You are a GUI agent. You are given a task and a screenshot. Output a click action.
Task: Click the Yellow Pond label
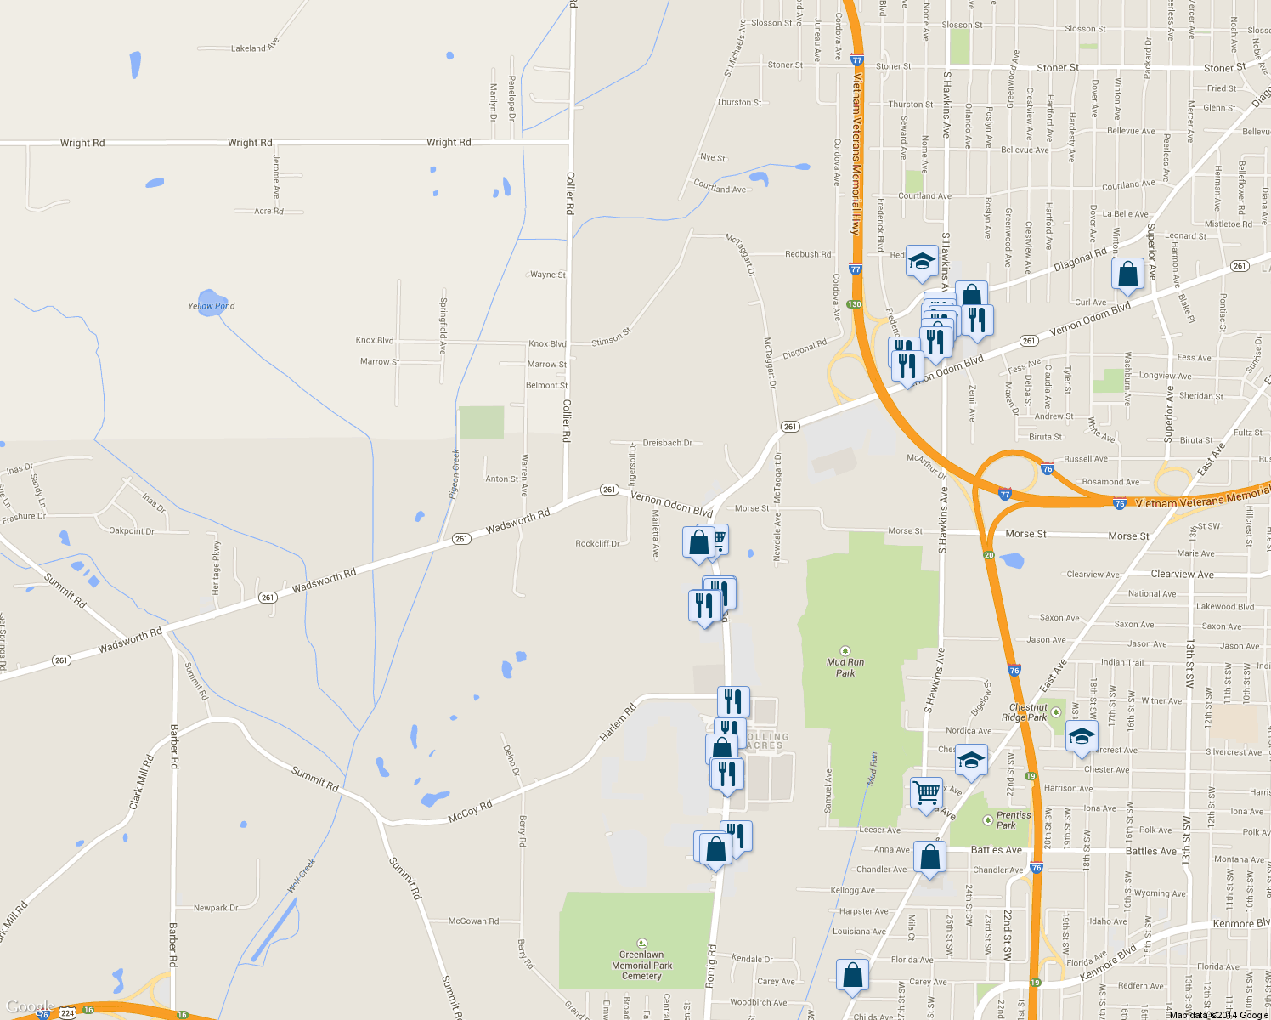212,306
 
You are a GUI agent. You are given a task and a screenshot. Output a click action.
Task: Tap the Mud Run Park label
845,667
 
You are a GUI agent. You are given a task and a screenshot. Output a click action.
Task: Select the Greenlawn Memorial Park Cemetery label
641,965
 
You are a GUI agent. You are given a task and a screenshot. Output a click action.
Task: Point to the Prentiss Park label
1013,819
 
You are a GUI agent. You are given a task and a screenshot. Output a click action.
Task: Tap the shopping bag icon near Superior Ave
1127,274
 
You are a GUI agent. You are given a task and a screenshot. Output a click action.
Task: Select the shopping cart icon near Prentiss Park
926,792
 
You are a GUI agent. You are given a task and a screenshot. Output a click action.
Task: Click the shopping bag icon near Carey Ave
852,975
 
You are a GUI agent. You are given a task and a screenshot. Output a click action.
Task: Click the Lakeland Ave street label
255,47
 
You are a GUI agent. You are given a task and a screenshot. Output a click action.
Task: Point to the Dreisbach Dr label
668,443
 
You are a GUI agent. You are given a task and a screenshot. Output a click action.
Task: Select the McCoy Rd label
470,813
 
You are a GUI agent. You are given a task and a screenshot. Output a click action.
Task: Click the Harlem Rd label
618,722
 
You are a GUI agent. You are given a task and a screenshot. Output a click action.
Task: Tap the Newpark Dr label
216,908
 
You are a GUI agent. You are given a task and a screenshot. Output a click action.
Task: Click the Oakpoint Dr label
132,531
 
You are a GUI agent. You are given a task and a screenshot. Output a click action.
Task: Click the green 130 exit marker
854,304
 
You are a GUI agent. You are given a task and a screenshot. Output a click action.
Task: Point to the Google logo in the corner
30,1006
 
